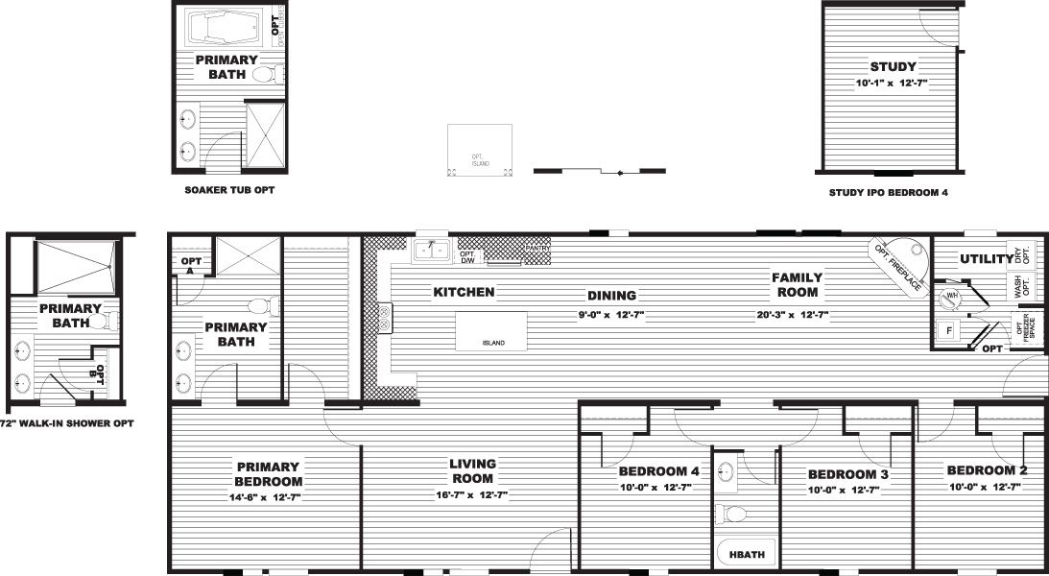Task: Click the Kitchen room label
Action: point(464,292)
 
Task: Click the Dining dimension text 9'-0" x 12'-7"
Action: point(611,314)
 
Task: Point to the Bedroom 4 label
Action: point(658,471)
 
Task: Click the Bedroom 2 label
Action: point(988,470)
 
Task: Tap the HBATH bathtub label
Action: point(741,554)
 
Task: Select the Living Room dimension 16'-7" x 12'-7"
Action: point(472,495)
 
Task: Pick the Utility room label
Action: point(987,259)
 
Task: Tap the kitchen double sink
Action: point(432,252)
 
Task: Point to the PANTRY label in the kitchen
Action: point(536,248)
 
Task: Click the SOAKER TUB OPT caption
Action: point(229,190)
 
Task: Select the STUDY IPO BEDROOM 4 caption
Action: point(888,192)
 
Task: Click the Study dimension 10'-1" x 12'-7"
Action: point(893,84)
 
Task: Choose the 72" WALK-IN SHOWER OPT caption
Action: point(66,423)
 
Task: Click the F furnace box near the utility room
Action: point(948,329)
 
